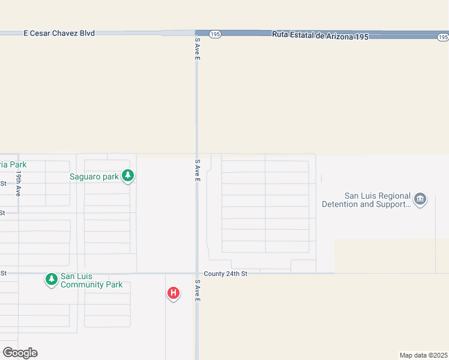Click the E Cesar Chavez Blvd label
(59, 34)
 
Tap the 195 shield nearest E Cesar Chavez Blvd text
(215, 34)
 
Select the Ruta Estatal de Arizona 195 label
(319, 35)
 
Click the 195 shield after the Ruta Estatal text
(442, 37)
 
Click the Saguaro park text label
(94, 176)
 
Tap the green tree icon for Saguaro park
(127, 176)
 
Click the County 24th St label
(225, 274)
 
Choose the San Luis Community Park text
(91, 280)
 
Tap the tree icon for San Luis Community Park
(52, 279)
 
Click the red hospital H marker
(173, 293)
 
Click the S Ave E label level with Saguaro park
(197, 171)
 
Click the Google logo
(20, 352)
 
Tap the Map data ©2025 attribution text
(423, 355)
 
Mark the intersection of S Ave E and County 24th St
(197, 274)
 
